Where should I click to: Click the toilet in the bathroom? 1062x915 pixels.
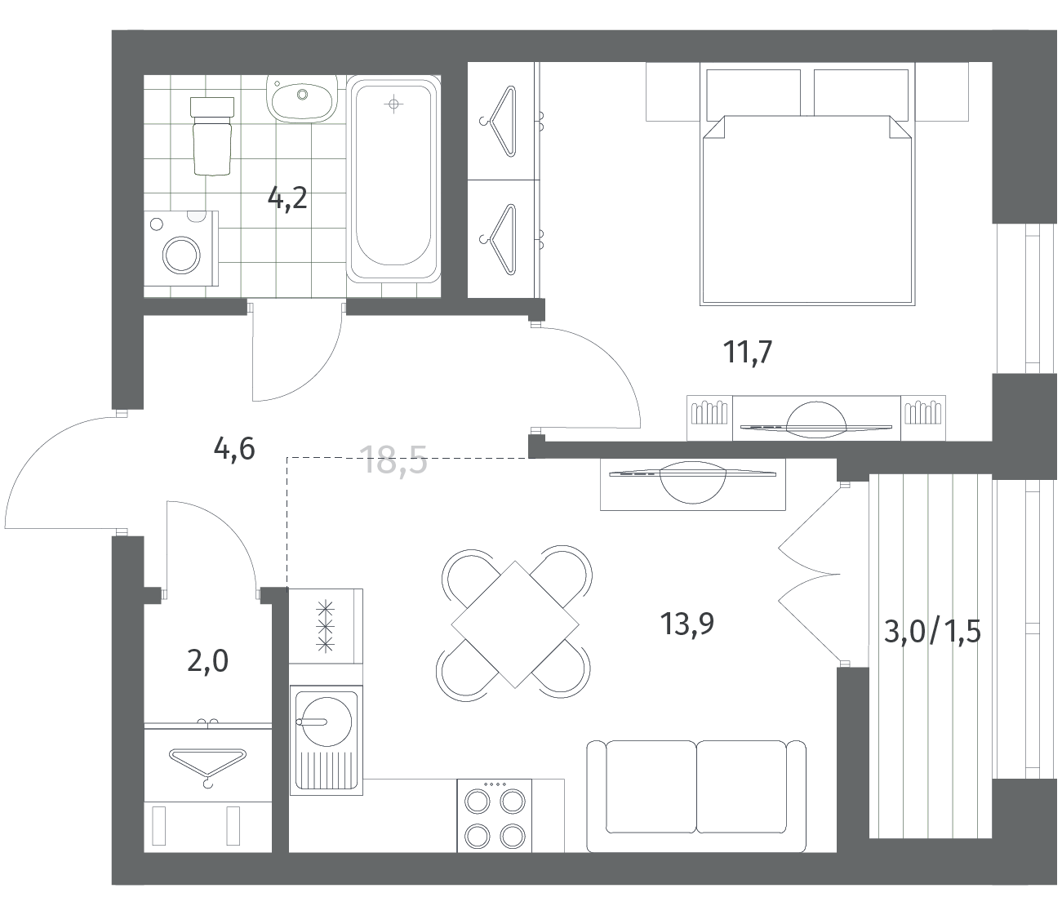pyautogui.click(x=211, y=136)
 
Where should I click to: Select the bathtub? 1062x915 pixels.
pyautogui.click(x=393, y=180)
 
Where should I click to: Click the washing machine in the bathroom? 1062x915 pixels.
pyautogui.click(x=181, y=248)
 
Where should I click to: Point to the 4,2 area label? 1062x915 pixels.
pyautogui.click(x=287, y=198)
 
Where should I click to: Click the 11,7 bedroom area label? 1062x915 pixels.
pyautogui.click(x=748, y=352)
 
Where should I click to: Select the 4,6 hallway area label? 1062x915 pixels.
pyautogui.click(x=234, y=449)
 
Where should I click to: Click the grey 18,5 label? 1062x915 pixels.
pyautogui.click(x=395, y=460)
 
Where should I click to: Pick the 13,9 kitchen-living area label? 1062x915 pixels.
pyautogui.click(x=687, y=624)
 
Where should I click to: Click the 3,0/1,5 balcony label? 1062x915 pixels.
pyautogui.click(x=932, y=632)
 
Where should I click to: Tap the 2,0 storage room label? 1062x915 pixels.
pyautogui.click(x=207, y=661)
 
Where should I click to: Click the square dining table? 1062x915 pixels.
pyautogui.click(x=515, y=624)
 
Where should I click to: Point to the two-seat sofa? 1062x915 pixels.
pyautogui.click(x=696, y=796)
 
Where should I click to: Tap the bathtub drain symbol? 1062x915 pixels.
pyautogui.click(x=393, y=104)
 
